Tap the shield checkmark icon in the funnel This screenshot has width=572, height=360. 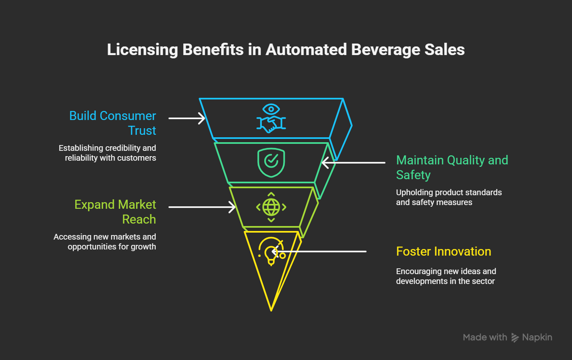271,163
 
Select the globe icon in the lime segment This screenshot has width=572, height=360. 271,207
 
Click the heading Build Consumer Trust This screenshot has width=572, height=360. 113,123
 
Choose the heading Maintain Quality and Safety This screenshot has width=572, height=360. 452,167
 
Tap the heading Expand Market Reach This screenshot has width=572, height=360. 115,212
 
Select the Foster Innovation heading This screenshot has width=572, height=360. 443,252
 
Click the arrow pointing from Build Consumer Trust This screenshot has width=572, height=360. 187,118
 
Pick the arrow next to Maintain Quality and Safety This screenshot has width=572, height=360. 353,163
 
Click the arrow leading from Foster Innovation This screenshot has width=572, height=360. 319,252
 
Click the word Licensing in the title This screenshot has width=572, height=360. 142,50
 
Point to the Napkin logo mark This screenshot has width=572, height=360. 515,338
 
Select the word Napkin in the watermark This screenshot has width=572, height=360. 537,337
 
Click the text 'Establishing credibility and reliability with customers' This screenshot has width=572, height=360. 107,153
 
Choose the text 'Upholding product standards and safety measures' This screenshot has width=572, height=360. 449,197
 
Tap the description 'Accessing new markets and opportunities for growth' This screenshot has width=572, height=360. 105,242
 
